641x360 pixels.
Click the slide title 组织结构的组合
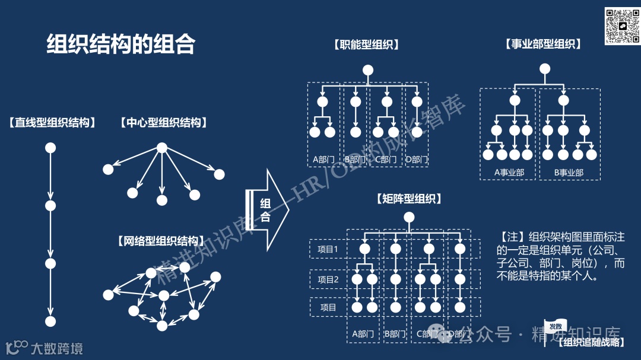pos(121,44)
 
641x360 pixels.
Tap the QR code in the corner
pos(621,26)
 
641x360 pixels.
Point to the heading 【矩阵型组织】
pos(409,199)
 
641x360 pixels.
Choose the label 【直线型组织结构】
pos(52,123)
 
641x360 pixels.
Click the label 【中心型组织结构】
pos(163,123)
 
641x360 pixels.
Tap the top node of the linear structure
pos(50,148)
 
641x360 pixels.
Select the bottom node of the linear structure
pos(50,321)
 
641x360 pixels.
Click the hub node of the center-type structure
pos(162,148)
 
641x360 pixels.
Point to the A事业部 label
pos(509,173)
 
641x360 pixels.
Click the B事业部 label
pos(569,173)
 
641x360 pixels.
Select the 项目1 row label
pos(328,249)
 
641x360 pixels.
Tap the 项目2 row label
pos(328,279)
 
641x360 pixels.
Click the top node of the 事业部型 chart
pos(545,69)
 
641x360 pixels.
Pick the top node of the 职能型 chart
pos(368,70)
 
